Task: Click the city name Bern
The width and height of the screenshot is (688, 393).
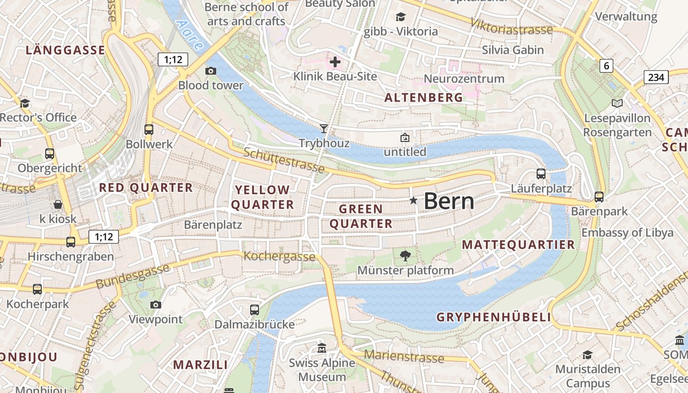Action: tap(449, 201)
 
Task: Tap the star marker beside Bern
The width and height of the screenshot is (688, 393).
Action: tap(413, 200)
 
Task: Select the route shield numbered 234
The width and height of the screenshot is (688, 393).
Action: tap(656, 77)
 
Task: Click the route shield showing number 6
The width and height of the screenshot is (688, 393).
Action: tap(606, 65)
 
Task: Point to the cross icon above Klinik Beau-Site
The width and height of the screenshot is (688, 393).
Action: tap(335, 62)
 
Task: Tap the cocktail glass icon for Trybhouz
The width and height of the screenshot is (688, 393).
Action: tap(323, 129)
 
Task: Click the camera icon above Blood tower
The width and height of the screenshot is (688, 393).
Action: tap(211, 71)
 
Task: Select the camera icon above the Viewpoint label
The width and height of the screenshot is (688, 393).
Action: tap(156, 305)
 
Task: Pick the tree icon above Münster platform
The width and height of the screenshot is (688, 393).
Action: tap(405, 255)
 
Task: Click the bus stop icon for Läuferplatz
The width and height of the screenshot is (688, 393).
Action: tap(541, 173)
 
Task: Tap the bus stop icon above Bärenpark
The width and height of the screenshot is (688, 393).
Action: tap(599, 196)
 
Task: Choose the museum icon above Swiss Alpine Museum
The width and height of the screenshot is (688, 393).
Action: tap(322, 348)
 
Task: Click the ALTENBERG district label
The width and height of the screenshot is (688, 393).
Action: tap(424, 97)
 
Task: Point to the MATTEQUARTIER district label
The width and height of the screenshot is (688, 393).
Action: tap(518, 245)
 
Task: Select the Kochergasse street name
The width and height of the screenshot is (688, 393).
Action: tap(280, 256)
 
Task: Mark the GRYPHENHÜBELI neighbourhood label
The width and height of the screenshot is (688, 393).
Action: tap(494, 317)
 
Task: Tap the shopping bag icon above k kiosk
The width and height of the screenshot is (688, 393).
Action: tap(58, 204)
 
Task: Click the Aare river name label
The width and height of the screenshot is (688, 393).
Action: tap(189, 35)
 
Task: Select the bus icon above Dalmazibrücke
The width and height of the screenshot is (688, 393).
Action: tap(254, 309)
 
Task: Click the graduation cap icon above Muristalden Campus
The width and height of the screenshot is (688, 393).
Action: tap(587, 355)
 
